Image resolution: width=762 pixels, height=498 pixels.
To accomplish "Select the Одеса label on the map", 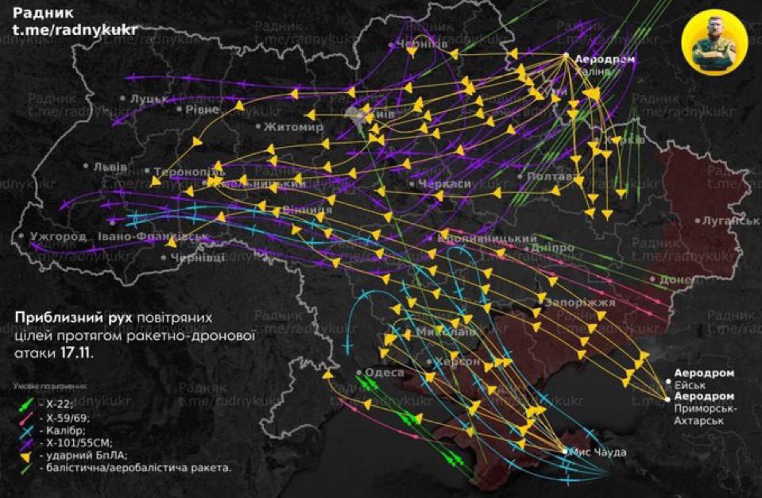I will pyautogui.click(x=383, y=372).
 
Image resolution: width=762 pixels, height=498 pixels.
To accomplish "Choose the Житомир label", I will pyautogui.click(x=293, y=127).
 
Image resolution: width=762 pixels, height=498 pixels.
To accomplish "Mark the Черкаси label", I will pyautogui.click(x=445, y=183).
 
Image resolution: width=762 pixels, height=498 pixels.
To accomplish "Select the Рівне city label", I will pyautogui.click(x=200, y=109).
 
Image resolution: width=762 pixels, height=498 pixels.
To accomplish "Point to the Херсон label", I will pyautogui.click(x=458, y=361).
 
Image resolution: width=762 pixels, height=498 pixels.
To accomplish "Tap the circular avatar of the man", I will pyautogui.click(x=714, y=47).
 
